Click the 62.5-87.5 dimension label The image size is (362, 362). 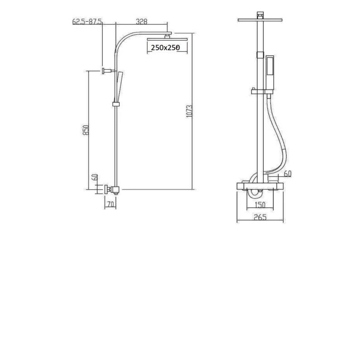tap(87, 21)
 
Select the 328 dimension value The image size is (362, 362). tap(142, 21)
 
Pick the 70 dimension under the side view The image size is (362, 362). tap(110, 205)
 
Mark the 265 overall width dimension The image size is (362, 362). tap(260, 217)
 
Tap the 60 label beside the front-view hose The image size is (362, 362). tap(287, 173)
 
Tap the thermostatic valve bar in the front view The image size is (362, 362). tap(260, 186)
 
